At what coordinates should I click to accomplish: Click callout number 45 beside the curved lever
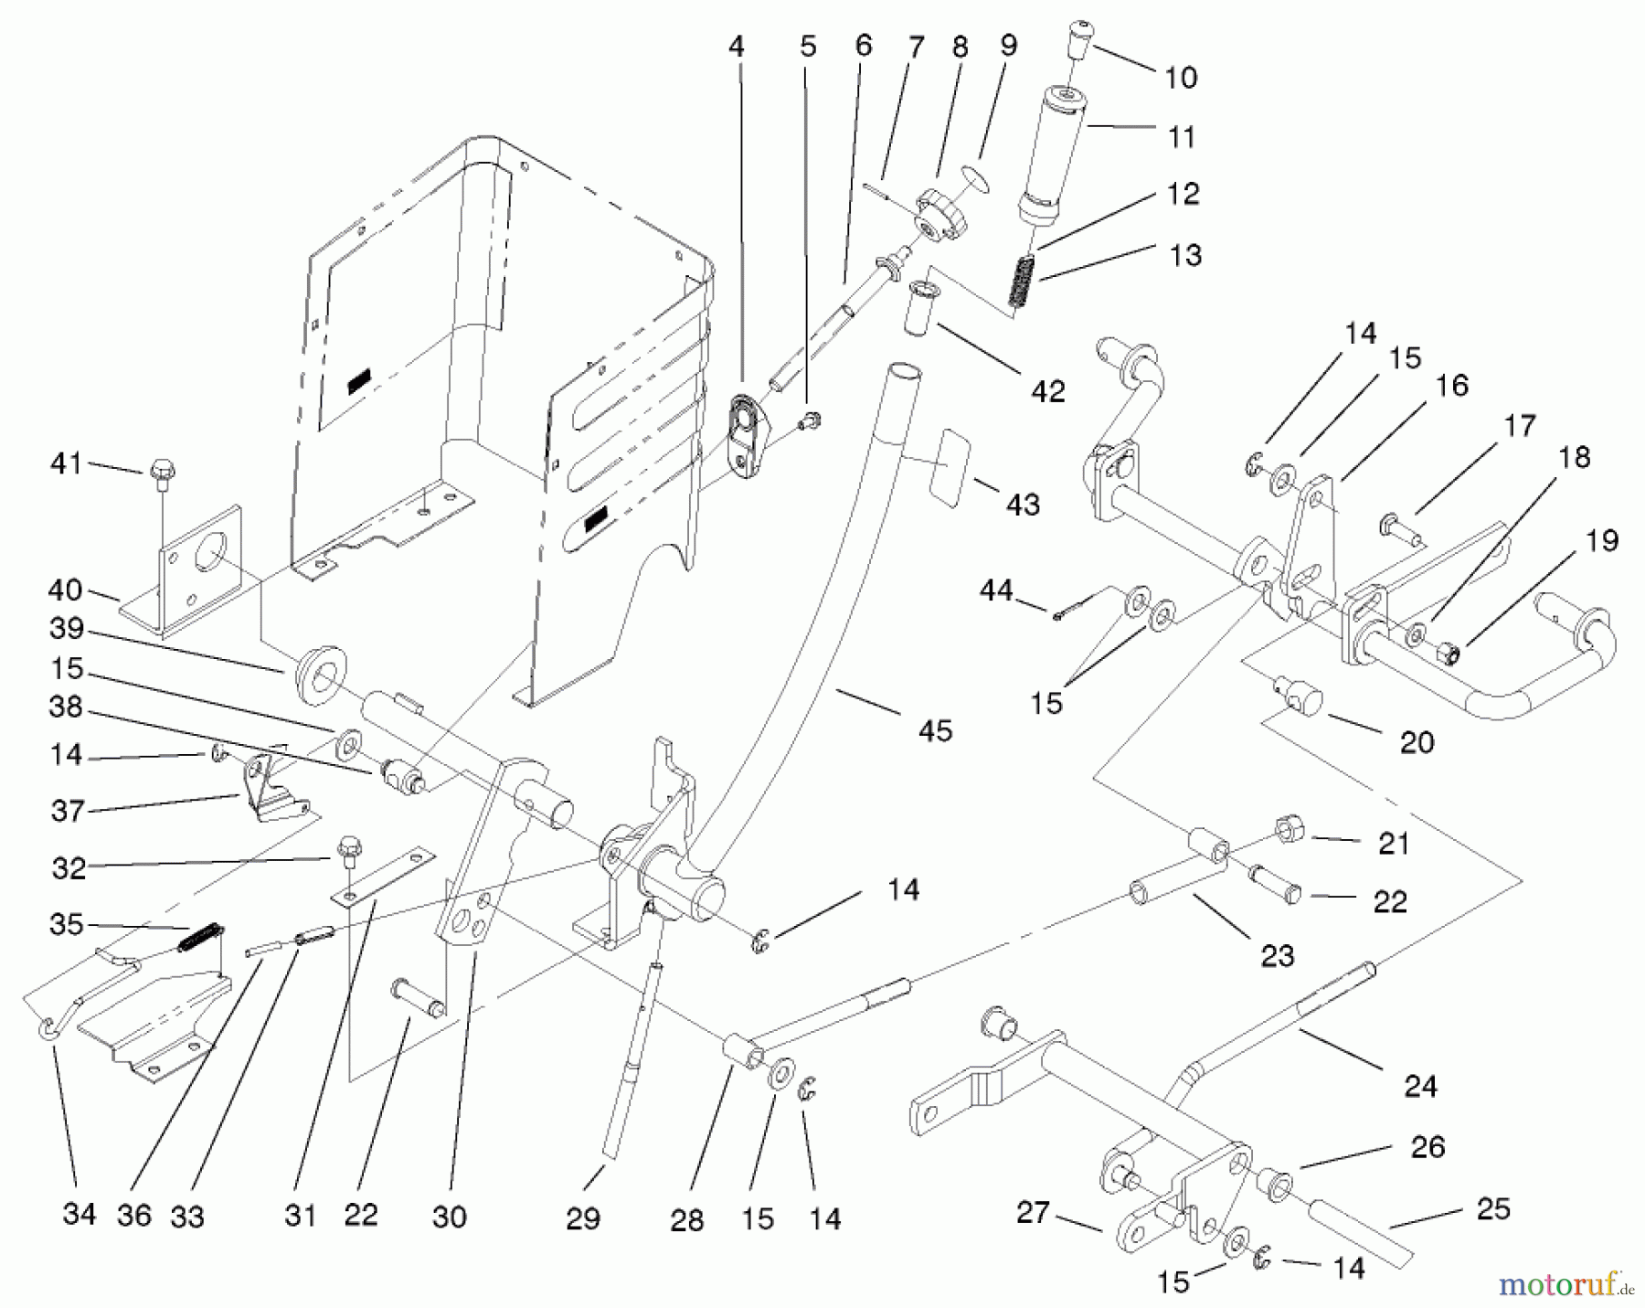click(935, 730)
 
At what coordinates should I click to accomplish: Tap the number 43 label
click(1023, 505)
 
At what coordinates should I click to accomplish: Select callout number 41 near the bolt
click(66, 463)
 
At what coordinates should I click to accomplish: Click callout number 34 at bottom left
click(79, 1214)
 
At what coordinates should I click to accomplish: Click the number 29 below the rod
click(582, 1218)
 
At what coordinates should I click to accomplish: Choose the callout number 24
click(1419, 1086)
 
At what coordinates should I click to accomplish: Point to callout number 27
click(1034, 1213)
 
